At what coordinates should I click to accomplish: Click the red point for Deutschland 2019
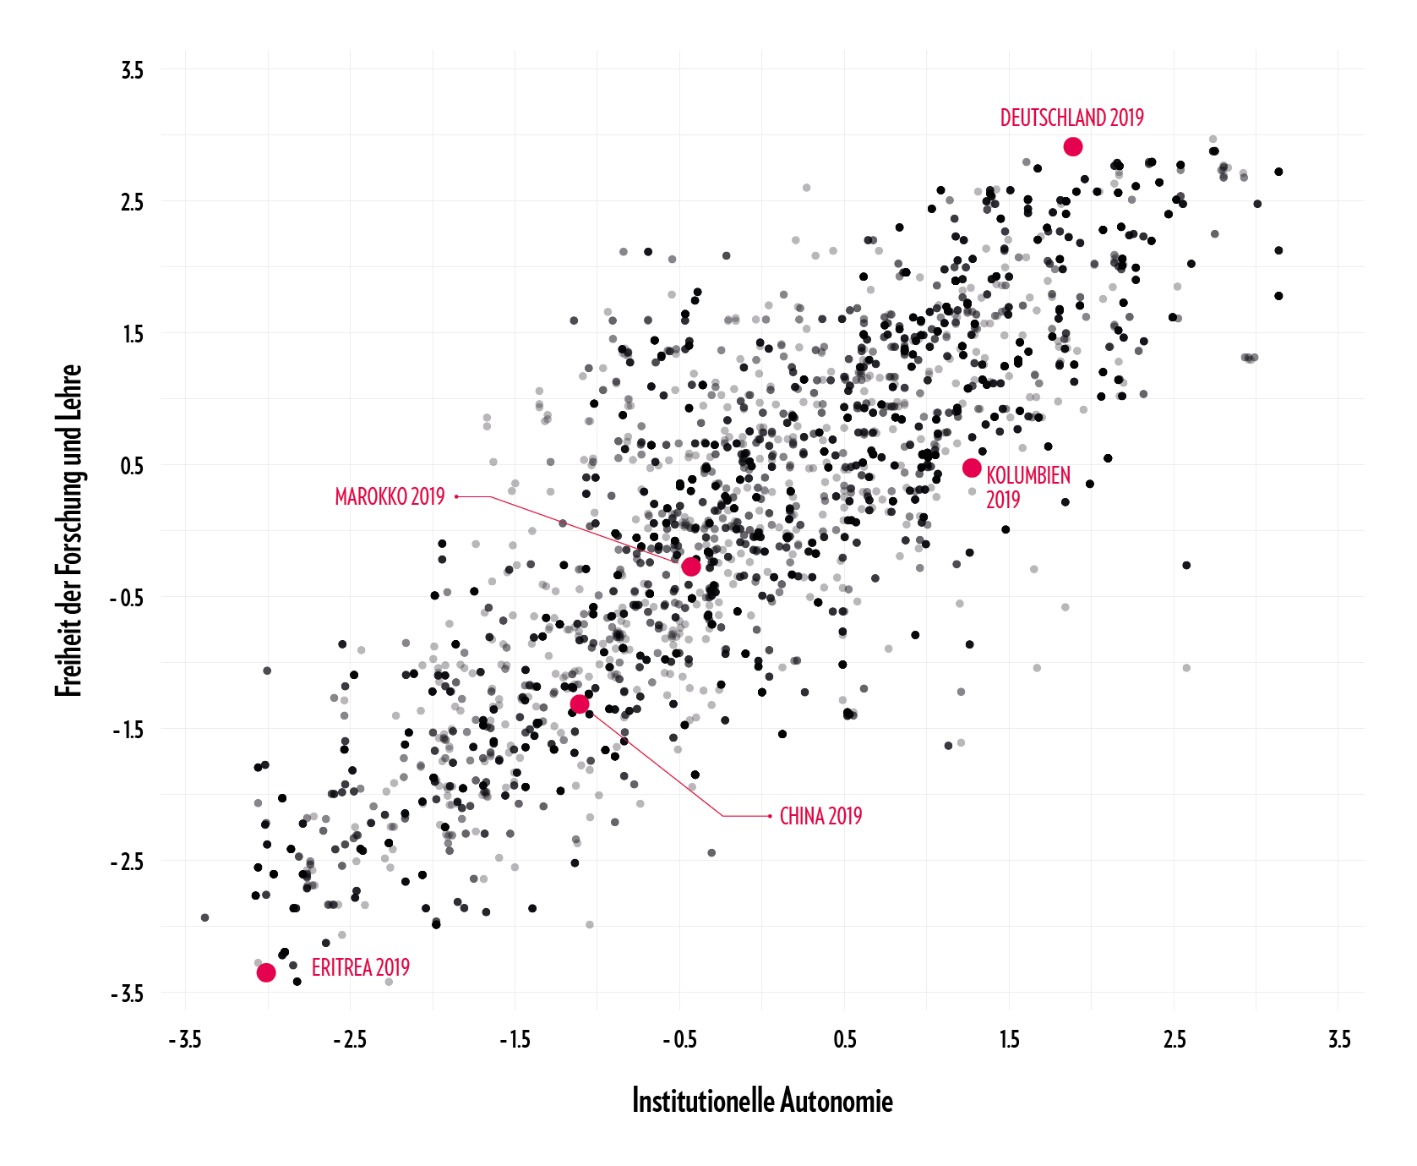pos(1072,147)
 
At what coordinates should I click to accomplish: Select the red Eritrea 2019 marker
pos(266,972)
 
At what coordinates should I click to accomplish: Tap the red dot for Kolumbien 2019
pos(972,468)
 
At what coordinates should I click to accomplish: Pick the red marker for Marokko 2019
pos(691,567)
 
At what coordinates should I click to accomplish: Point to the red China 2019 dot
pos(580,704)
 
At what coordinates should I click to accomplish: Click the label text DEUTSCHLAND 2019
pos(1071,118)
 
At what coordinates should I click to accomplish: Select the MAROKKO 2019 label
pos(390,497)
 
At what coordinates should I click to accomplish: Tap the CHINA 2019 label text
pos(820,817)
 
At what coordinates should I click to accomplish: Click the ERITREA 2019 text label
pos(360,968)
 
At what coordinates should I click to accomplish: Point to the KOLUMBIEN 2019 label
pos(1027,487)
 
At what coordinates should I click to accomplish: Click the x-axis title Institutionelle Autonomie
pos(762,1102)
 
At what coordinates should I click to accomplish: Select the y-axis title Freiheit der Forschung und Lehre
pos(69,530)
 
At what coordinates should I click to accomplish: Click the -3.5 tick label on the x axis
pos(185,1039)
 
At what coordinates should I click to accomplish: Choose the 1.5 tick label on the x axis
pos(1009,1039)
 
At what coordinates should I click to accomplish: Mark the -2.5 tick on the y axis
pos(128,862)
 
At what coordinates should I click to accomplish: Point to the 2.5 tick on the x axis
pos(1174,1039)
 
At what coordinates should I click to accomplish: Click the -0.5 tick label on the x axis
pos(679,1039)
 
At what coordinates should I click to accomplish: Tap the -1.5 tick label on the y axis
pos(128,731)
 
